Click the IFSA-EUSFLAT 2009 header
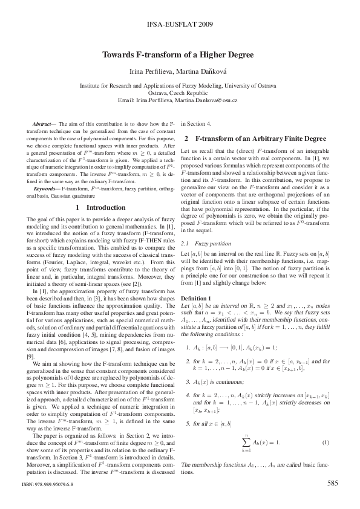click(x=180, y=26)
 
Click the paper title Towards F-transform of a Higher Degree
click(x=180, y=54)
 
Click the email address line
click(x=180, y=99)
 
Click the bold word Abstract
click(x=42, y=123)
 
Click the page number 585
click(x=332, y=483)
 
